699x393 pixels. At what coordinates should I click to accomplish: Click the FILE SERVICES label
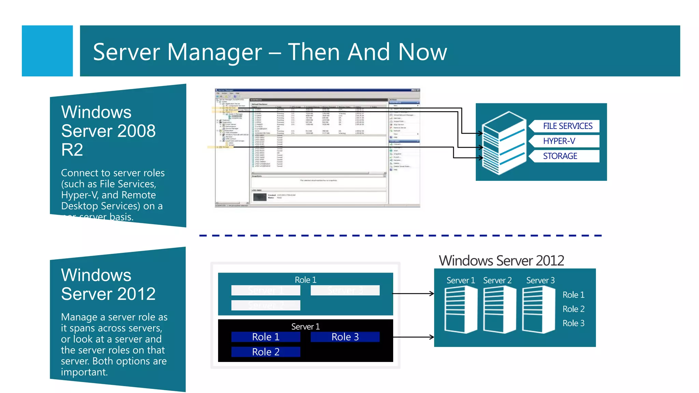coord(567,126)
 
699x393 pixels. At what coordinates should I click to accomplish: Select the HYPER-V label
coord(559,141)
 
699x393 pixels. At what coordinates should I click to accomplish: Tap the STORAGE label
coord(560,156)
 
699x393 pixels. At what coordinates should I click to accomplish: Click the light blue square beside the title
coord(47,51)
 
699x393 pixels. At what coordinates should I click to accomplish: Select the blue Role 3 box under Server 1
coord(345,337)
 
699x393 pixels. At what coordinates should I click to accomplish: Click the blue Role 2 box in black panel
coord(266,352)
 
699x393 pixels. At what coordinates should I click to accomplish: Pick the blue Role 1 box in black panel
coord(266,337)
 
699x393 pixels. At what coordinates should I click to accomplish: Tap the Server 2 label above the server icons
coord(497,280)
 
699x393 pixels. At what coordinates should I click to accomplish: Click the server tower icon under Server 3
coord(539,310)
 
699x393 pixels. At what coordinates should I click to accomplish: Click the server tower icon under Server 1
coord(461,310)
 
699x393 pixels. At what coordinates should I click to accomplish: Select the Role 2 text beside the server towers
coord(573,309)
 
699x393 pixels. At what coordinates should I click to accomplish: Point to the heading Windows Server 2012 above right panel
coord(501,261)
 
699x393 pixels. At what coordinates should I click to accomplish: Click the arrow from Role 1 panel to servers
coord(413,293)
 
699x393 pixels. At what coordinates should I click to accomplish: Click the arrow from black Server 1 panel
coord(413,337)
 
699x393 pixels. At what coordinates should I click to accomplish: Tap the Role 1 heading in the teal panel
coord(305,280)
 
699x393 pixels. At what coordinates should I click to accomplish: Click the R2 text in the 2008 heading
coord(72,150)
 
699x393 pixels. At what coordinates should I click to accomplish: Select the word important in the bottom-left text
coord(84,372)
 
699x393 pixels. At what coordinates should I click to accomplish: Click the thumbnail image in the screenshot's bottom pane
coord(259,197)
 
